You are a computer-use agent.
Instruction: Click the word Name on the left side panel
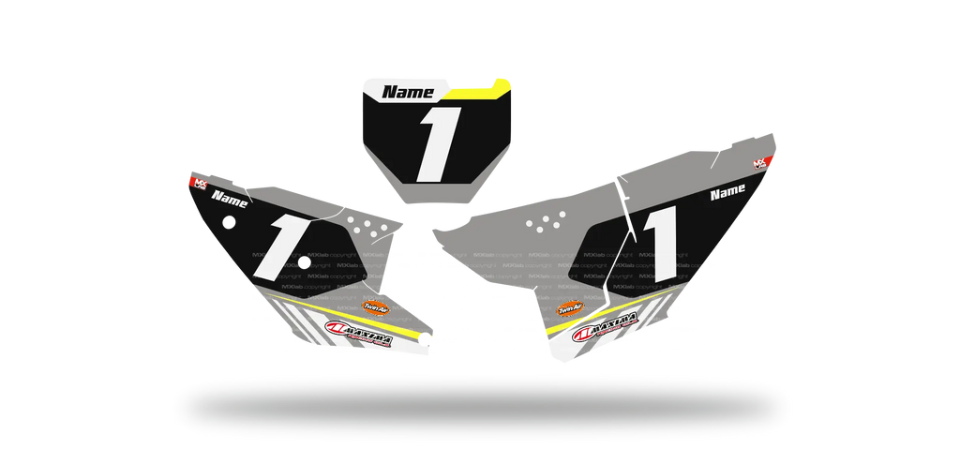click(230, 199)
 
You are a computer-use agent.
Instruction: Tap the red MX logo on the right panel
click(761, 163)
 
